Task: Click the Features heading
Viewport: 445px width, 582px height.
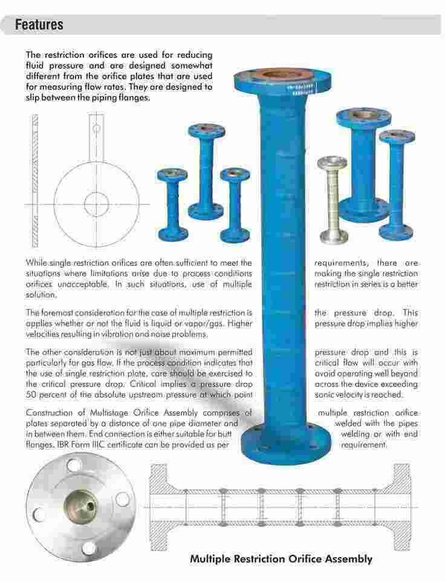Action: (39, 25)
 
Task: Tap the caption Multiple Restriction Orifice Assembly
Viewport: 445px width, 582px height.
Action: (281, 558)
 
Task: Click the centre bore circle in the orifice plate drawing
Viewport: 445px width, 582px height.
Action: (97, 200)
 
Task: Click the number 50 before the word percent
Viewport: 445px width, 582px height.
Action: (31, 394)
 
